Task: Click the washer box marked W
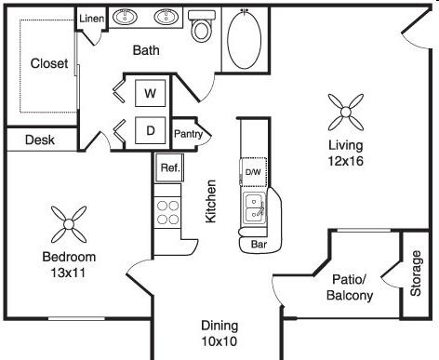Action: [150, 93]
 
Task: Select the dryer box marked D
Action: [151, 130]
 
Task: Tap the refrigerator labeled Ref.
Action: [170, 167]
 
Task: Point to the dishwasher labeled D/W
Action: [253, 172]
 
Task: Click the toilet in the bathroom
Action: [201, 26]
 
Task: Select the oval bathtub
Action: [245, 39]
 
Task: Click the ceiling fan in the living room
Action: [346, 112]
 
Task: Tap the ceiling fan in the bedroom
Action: [69, 224]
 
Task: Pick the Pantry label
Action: [189, 134]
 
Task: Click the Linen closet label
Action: [91, 19]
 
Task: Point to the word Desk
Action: [40, 140]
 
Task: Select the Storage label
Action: [416, 273]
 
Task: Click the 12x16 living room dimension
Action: [346, 161]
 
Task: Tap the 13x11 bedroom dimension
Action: [68, 273]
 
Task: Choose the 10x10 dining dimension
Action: [219, 341]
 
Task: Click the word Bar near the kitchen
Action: [259, 245]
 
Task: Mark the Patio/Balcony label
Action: [350, 287]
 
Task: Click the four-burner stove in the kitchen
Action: [167, 212]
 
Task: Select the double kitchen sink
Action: [255, 208]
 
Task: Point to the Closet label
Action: [49, 63]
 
